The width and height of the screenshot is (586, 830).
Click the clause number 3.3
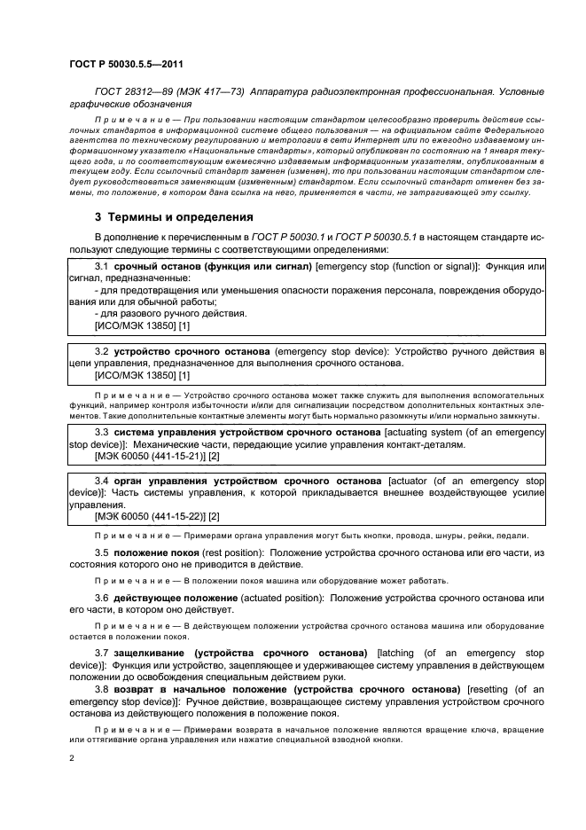coord(101,431)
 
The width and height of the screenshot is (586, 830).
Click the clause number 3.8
coord(101,688)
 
